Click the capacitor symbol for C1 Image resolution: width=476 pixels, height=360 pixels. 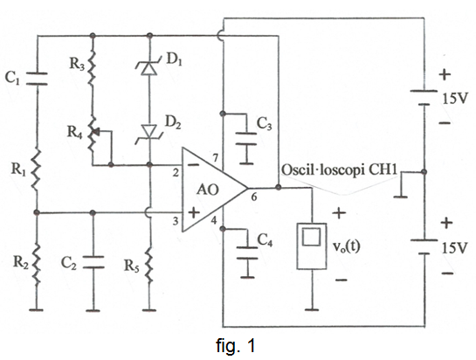(x=37, y=79)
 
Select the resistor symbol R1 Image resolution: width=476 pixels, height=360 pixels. (x=37, y=170)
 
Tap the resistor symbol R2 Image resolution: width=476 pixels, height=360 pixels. (x=37, y=264)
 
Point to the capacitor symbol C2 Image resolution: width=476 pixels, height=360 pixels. (x=93, y=262)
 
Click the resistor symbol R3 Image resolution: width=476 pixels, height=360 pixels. (x=93, y=66)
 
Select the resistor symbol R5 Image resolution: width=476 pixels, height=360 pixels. (x=148, y=264)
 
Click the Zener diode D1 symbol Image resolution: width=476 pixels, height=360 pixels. (x=149, y=68)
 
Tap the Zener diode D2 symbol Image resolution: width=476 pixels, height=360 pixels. (x=149, y=133)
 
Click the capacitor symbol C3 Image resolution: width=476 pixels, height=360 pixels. (x=248, y=139)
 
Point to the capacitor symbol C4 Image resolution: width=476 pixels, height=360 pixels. (x=248, y=253)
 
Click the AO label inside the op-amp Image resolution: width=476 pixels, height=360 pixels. (x=207, y=190)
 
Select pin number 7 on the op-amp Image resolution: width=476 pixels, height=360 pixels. (x=215, y=158)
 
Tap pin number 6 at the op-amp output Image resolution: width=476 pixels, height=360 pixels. (x=254, y=197)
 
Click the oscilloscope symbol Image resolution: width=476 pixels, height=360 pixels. (x=312, y=246)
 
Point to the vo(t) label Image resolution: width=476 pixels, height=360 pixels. (x=346, y=246)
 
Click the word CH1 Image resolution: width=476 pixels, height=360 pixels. (x=383, y=170)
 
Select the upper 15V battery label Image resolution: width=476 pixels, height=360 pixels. (x=453, y=99)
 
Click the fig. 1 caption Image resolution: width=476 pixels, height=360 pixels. (x=236, y=346)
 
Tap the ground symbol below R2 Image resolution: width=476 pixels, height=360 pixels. (x=37, y=310)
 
